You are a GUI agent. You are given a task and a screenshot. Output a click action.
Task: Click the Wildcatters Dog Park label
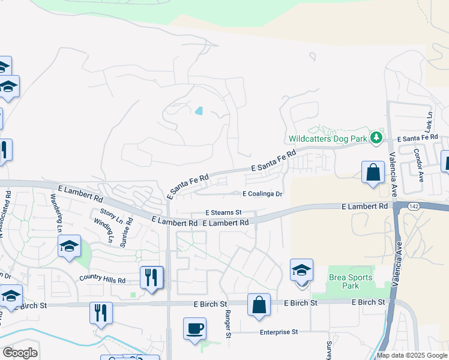(x=328, y=137)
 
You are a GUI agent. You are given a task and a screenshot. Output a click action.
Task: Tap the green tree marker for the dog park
(x=376, y=137)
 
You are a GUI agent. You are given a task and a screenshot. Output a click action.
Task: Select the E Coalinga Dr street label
(x=262, y=194)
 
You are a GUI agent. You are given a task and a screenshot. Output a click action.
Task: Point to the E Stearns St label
(x=223, y=212)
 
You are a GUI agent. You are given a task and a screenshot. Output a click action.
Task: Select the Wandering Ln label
(x=56, y=212)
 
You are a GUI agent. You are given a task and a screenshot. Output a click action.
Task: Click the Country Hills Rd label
(x=102, y=280)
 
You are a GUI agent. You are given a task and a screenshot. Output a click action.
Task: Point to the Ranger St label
(x=228, y=324)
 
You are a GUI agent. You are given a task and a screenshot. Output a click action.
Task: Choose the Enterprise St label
(x=279, y=332)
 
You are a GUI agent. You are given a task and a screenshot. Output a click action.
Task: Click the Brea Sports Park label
(x=351, y=281)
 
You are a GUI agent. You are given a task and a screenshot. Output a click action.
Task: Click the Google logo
(x=19, y=353)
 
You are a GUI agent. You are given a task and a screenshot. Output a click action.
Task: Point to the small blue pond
(x=199, y=111)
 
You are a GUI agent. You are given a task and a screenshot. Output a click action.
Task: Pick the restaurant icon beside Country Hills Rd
(x=151, y=277)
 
